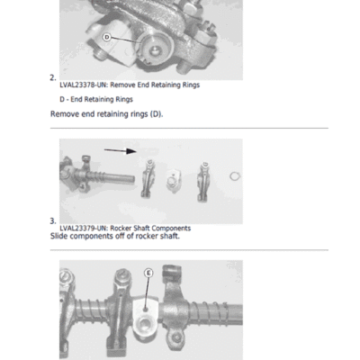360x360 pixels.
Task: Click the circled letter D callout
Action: click(107, 38)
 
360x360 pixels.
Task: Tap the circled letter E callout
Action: click(148, 274)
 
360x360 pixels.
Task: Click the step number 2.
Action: click(53, 77)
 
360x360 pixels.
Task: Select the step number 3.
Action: click(53, 221)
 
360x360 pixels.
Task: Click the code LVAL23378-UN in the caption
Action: click(83, 85)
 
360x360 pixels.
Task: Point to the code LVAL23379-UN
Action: click(83, 228)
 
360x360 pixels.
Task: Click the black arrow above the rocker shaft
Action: click(121, 150)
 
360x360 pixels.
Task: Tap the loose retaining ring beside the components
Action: click(235, 176)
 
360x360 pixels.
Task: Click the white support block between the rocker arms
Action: click(174, 181)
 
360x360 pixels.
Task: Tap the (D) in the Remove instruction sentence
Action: click(157, 114)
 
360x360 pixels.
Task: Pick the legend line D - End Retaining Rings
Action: click(96, 99)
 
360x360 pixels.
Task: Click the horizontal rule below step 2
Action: click(189, 128)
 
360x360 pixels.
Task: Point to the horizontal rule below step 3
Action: click(189, 249)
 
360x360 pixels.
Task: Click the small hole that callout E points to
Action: click(145, 310)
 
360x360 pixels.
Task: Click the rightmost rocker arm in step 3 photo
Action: click(203, 182)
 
